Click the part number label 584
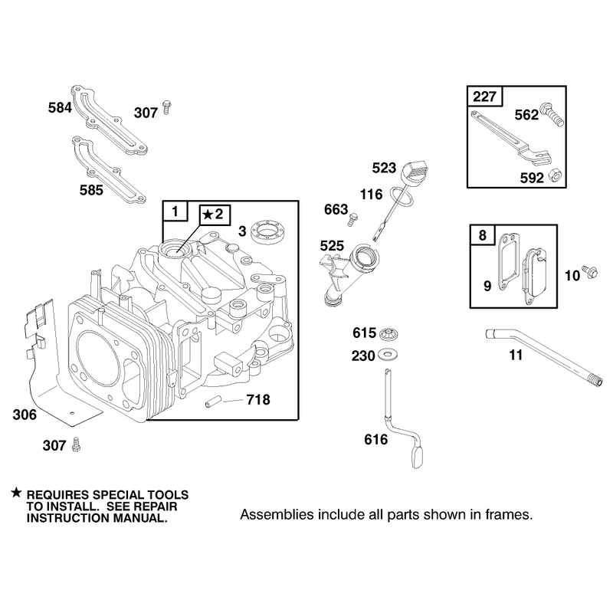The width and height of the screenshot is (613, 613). click(60, 107)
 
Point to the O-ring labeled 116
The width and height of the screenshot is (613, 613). click(401, 196)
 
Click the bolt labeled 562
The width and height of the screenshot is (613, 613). click(552, 114)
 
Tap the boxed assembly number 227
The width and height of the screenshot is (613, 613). click(484, 97)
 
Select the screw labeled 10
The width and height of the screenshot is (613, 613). click(589, 271)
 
